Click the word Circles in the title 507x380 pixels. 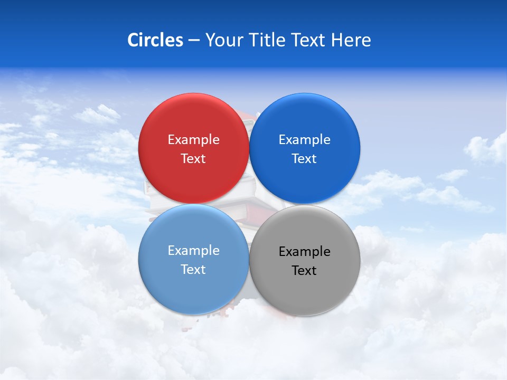pos(155,40)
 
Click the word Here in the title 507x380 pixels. pos(351,40)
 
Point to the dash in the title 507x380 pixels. pos(194,41)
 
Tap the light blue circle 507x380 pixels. pos(193,285)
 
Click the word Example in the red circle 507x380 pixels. pos(193,140)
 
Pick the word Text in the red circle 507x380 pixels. pos(193,159)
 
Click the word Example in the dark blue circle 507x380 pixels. pos(305,140)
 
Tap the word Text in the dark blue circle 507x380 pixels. pos(305,159)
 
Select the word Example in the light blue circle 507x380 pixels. pos(193,251)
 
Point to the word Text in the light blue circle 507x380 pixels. pos(193,270)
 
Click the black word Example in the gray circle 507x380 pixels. pos(305,252)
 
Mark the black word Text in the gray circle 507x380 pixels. pos(305,271)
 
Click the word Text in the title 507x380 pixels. pos(308,40)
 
